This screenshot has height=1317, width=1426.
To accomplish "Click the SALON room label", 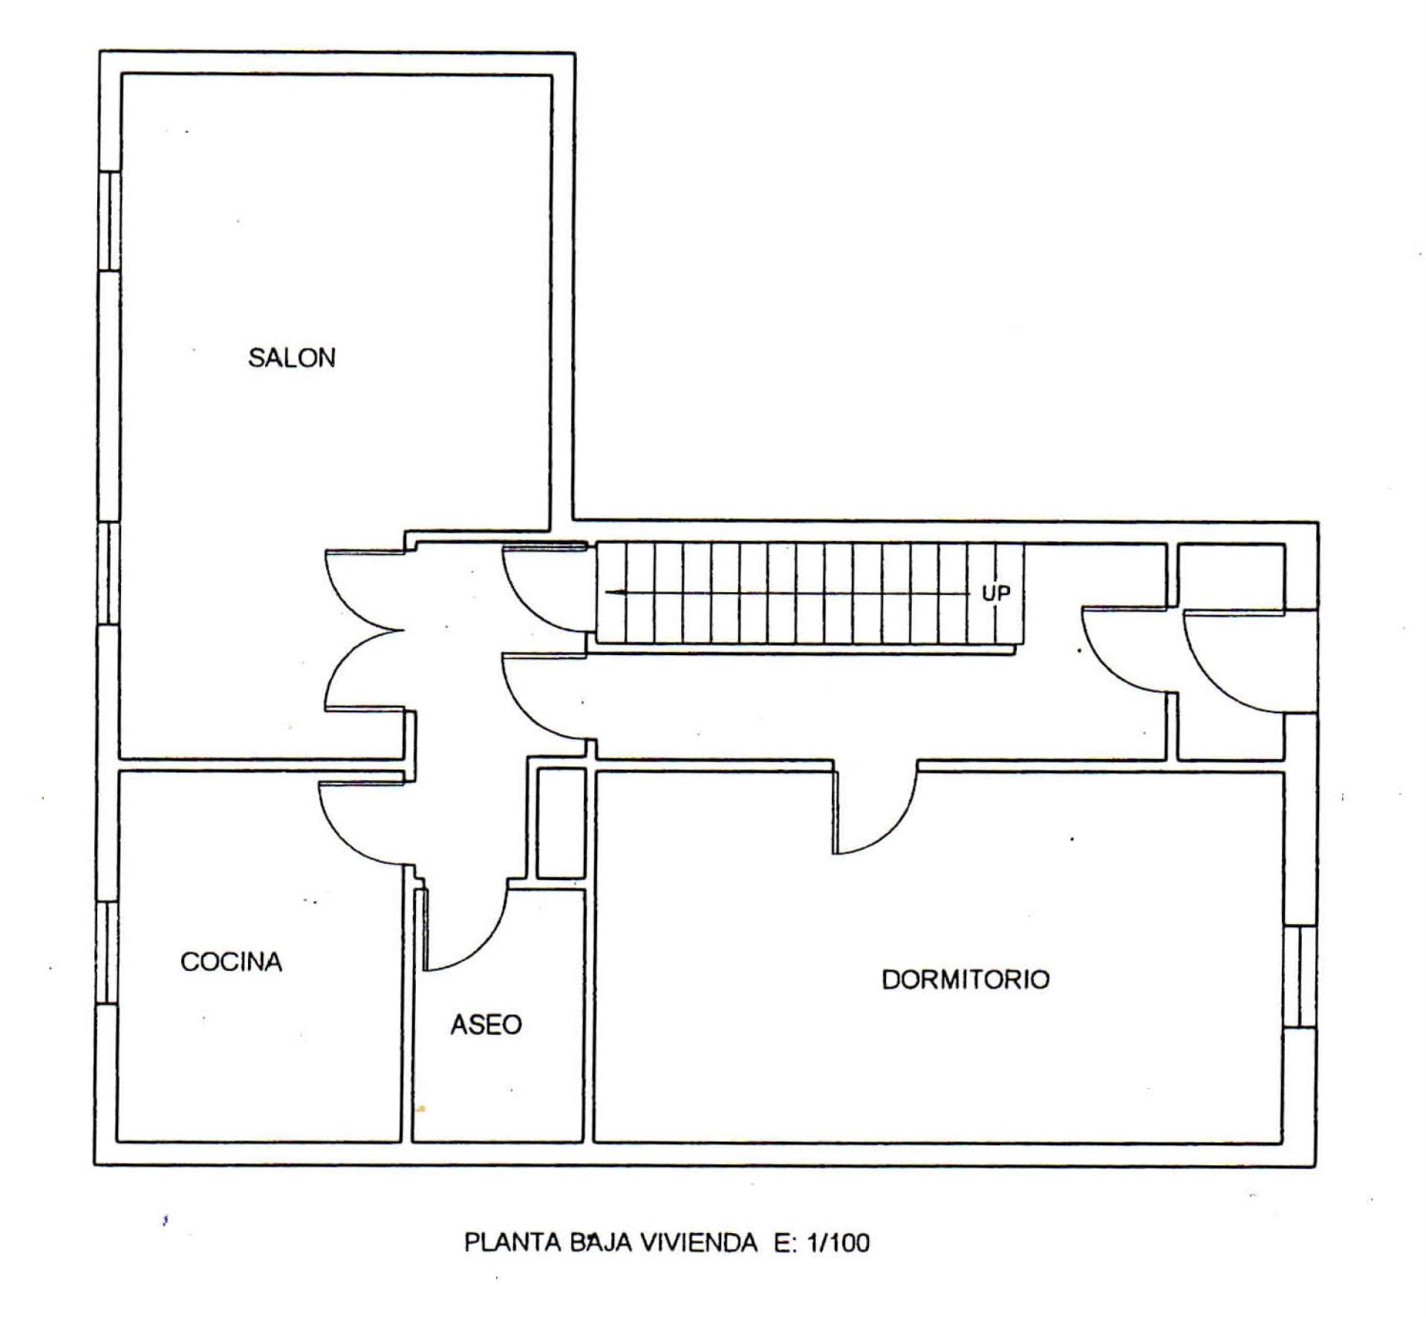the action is (291, 358).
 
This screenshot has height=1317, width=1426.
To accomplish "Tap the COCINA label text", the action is (231, 962).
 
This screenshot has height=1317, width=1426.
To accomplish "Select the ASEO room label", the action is (486, 1025).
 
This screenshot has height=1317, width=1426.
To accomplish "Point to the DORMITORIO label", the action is (966, 979).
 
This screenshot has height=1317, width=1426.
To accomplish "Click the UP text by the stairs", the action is (996, 594).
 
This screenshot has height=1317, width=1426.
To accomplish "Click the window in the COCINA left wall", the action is (108, 953).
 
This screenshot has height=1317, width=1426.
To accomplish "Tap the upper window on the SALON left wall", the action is (110, 221).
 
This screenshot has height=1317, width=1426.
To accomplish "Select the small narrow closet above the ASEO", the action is (561, 823).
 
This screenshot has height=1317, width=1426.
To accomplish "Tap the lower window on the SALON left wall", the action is (108, 573).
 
